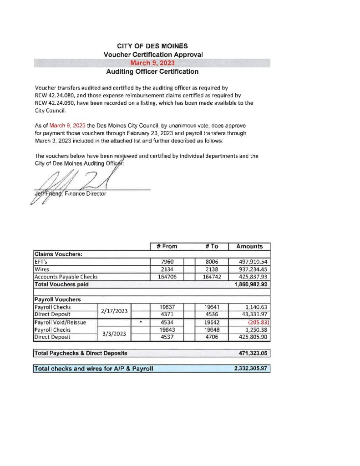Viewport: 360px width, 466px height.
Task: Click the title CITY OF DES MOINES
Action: click(x=152, y=46)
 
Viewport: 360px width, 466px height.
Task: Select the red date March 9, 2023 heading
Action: click(x=152, y=63)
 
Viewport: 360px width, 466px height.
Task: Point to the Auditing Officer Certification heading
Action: click(x=152, y=72)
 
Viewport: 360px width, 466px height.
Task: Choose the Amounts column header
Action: click(x=249, y=246)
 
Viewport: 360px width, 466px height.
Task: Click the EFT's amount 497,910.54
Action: click(x=250, y=262)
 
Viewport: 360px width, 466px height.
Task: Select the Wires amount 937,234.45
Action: click(x=250, y=269)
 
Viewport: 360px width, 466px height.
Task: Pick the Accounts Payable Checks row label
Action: click(x=66, y=277)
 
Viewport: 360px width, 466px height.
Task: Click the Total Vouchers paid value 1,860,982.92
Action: click(x=249, y=284)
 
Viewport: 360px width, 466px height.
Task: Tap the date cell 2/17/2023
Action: click(x=114, y=311)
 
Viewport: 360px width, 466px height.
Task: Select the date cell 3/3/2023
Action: click(x=114, y=333)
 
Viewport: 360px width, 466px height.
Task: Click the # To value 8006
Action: click(x=211, y=262)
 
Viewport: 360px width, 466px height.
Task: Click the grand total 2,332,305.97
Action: click(x=250, y=369)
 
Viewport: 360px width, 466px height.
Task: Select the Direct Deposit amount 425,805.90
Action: click(x=250, y=337)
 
